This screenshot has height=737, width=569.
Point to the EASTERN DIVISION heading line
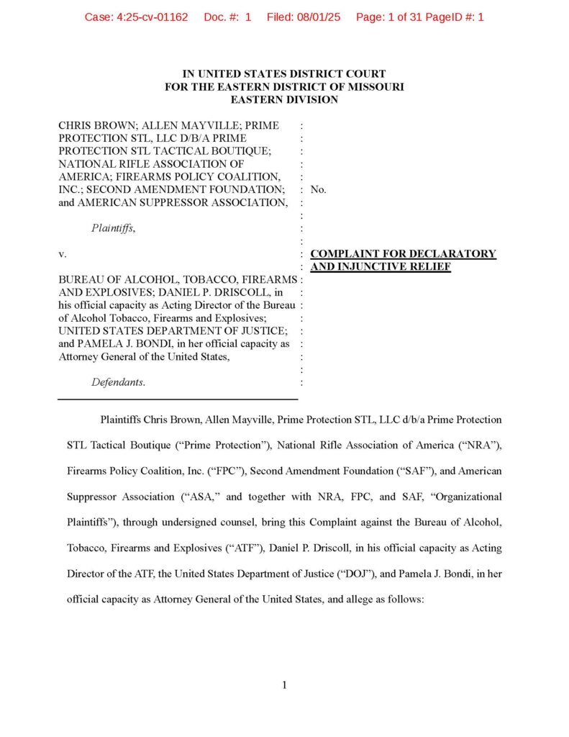[x=284, y=99]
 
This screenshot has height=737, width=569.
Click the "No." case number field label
[x=318, y=189]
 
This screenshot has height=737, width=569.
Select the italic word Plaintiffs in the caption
[x=113, y=229]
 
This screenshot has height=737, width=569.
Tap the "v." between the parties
[x=63, y=254]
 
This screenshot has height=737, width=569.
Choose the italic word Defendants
[x=118, y=382]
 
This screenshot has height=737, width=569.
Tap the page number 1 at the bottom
[x=284, y=685]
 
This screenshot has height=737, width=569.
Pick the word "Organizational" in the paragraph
[x=468, y=497]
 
